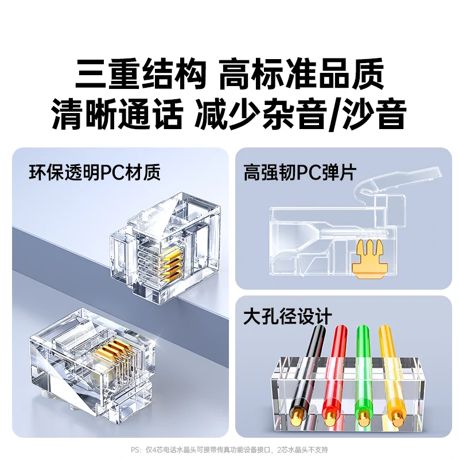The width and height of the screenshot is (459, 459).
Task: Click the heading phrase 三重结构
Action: click(140, 75)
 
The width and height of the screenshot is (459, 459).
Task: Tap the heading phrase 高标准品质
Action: click(301, 75)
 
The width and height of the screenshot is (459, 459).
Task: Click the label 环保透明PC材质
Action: click(95, 172)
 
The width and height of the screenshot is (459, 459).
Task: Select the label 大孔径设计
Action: click(287, 316)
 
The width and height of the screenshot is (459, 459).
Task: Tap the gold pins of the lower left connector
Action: click(111, 353)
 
